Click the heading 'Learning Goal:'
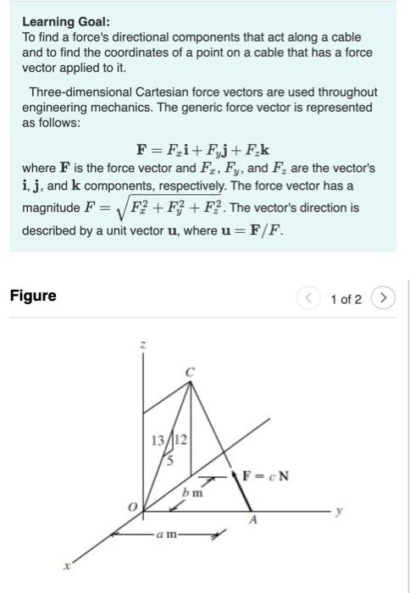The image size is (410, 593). tap(65, 21)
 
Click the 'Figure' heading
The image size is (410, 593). tap(33, 296)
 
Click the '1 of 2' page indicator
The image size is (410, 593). tap(346, 298)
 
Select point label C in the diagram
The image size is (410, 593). tap(190, 371)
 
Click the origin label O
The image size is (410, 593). tap(131, 506)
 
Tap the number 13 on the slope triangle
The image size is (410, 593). tap(158, 440)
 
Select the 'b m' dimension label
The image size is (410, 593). tap(193, 492)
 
